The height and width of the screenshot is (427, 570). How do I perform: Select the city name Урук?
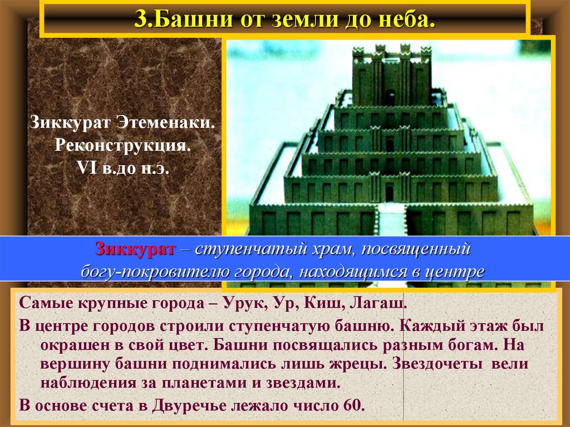click(x=240, y=305)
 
